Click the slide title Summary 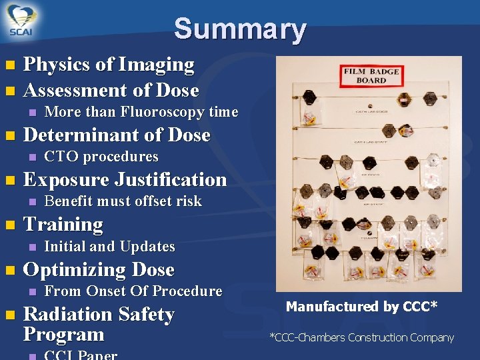click(x=240, y=29)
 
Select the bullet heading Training click(x=63, y=225)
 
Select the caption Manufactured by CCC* click(x=361, y=307)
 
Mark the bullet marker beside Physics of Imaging click(x=9, y=65)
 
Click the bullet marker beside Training click(x=9, y=225)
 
